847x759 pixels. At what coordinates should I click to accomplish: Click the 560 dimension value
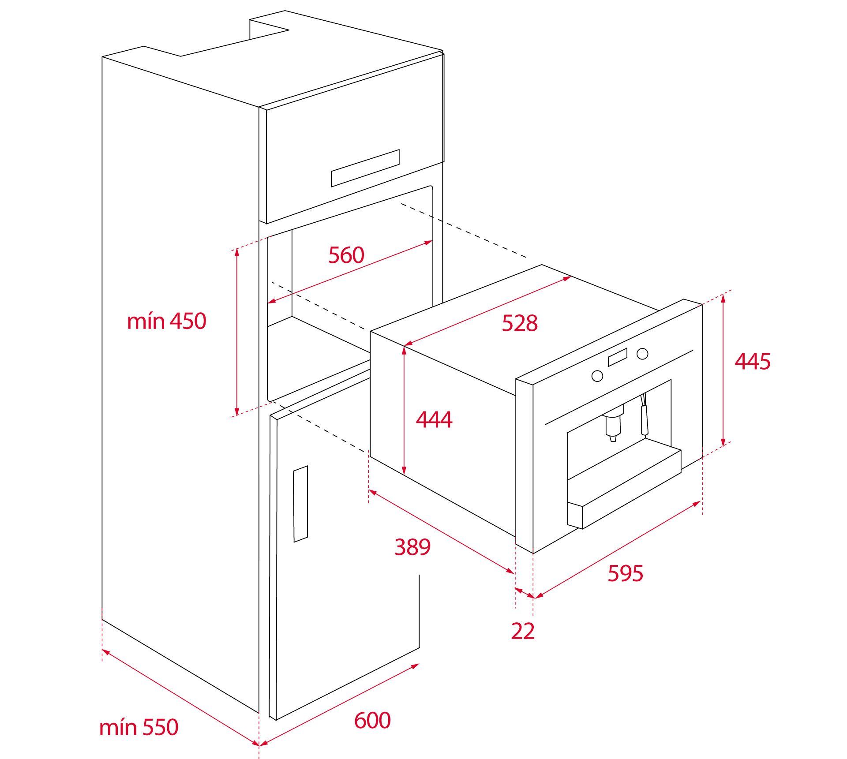point(346,255)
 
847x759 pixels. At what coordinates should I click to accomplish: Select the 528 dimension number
point(520,323)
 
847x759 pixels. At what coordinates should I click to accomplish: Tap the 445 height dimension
point(753,361)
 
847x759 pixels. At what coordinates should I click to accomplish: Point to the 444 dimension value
point(434,419)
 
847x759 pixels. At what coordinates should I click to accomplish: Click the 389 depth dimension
point(412,547)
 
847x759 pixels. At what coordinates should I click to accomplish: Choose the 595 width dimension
point(626,573)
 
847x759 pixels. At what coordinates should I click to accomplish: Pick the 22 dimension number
point(523,631)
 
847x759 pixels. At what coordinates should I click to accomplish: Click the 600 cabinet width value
point(372,720)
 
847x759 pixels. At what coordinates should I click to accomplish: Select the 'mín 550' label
point(139,727)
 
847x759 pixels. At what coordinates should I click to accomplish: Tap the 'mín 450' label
point(166,321)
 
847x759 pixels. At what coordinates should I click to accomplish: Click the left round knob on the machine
point(597,376)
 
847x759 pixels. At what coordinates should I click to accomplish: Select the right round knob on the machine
point(643,353)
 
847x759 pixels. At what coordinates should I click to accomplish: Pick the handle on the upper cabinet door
point(365,168)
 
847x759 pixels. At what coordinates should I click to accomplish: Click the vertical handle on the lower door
point(300,504)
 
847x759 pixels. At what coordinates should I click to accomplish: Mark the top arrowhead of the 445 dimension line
point(723,297)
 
